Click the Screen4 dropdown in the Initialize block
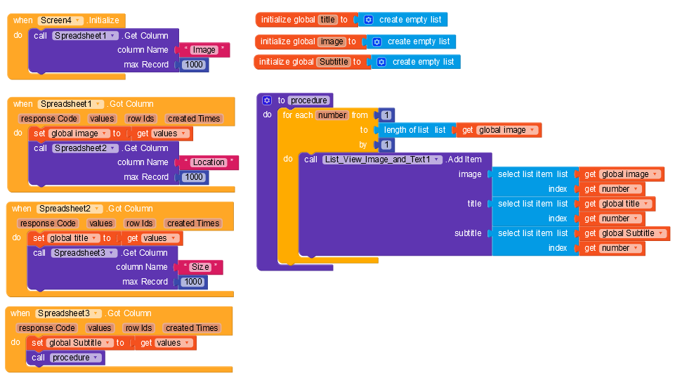60,20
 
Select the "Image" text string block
204,50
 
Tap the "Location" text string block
209,162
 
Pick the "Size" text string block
200,267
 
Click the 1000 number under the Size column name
192,282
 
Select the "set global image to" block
39,133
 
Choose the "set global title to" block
38,238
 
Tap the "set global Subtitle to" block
37,343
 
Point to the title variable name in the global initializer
328,20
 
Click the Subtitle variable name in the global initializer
334,62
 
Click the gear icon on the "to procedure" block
266,100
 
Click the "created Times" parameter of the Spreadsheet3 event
192,328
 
